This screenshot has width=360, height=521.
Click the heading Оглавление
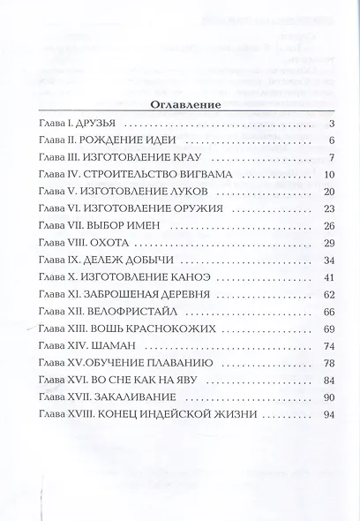coord(180,105)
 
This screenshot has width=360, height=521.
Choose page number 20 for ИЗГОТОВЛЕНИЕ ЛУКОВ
coord(324,193)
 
